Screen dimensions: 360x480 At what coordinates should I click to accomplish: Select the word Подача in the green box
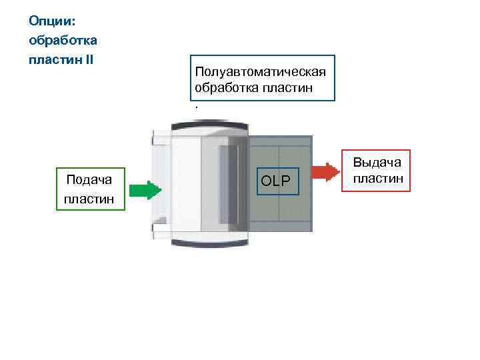pyautogui.click(x=89, y=179)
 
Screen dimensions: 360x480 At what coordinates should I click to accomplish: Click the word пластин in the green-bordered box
pyautogui.click(x=89, y=199)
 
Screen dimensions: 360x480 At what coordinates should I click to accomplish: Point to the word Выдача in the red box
pyautogui.click(x=377, y=163)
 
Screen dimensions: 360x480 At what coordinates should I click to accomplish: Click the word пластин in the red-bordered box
pyautogui.click(x=377, y=178)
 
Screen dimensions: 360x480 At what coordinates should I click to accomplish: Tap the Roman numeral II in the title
pyautogui.click(x=89, y=60)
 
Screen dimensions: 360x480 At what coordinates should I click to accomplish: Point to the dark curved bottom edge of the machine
pyautogui.click(x=210, y=242)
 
